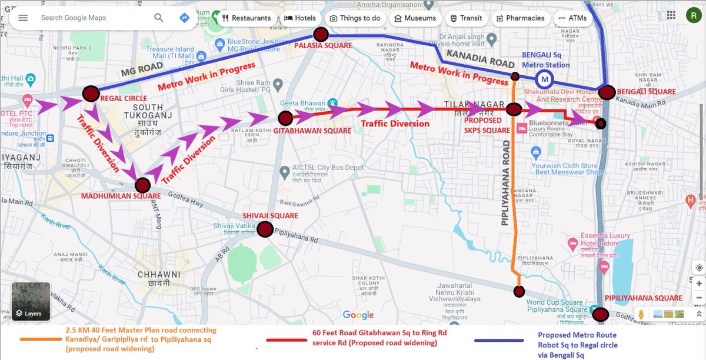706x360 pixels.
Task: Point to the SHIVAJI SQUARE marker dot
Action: (265, 229)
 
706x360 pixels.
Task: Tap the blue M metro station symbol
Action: (545, 78)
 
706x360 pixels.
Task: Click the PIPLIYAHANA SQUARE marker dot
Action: (600, 314)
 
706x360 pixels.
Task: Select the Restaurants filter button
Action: (247, 18)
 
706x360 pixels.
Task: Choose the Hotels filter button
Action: (300, 18)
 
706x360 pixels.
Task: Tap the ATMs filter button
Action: (572, 18)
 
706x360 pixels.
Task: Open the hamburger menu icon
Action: (23, 18)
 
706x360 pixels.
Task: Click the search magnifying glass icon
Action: (159, 18)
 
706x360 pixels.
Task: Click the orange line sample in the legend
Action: (42, 340)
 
